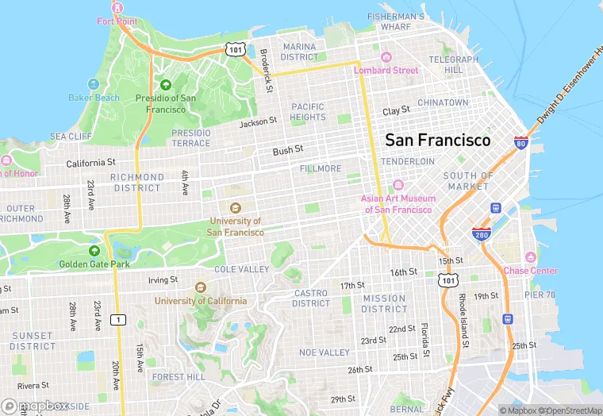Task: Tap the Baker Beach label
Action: tap(94, 98)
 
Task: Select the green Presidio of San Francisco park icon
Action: tap(166, 85)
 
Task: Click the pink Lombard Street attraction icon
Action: tap(386, 56)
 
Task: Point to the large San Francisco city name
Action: tap(437, 140)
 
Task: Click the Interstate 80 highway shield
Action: tap(520, 142)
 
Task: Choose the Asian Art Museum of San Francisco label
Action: tap(398, 204)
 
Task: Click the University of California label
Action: tap(200, 301)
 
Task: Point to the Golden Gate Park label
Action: tap(93, 264)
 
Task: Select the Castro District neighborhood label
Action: tap(311, 299)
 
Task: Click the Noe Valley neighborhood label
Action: tap(324, 352)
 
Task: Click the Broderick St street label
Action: tap(267, 71)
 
